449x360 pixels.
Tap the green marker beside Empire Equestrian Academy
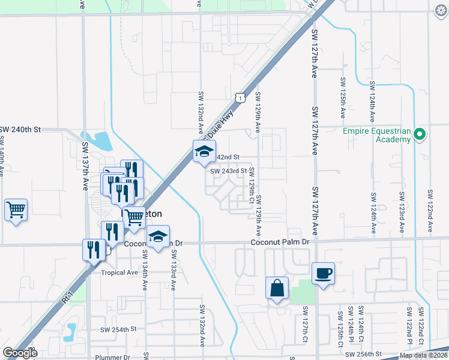point(420,135)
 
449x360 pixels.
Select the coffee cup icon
point(323,274)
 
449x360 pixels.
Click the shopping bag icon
point(277,288)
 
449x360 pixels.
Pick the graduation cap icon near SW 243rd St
point(204,151)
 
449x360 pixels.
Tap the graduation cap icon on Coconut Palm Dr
point(158,236)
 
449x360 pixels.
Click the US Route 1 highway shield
point(240,97)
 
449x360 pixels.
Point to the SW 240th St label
point(20,130)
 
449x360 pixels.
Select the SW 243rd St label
point(228,171)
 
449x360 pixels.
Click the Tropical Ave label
point(119,272)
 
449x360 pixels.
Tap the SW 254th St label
point(119,329)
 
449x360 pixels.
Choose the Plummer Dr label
point(112,358)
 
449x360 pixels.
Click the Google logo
point(19,353)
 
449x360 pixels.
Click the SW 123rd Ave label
point(401,213)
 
